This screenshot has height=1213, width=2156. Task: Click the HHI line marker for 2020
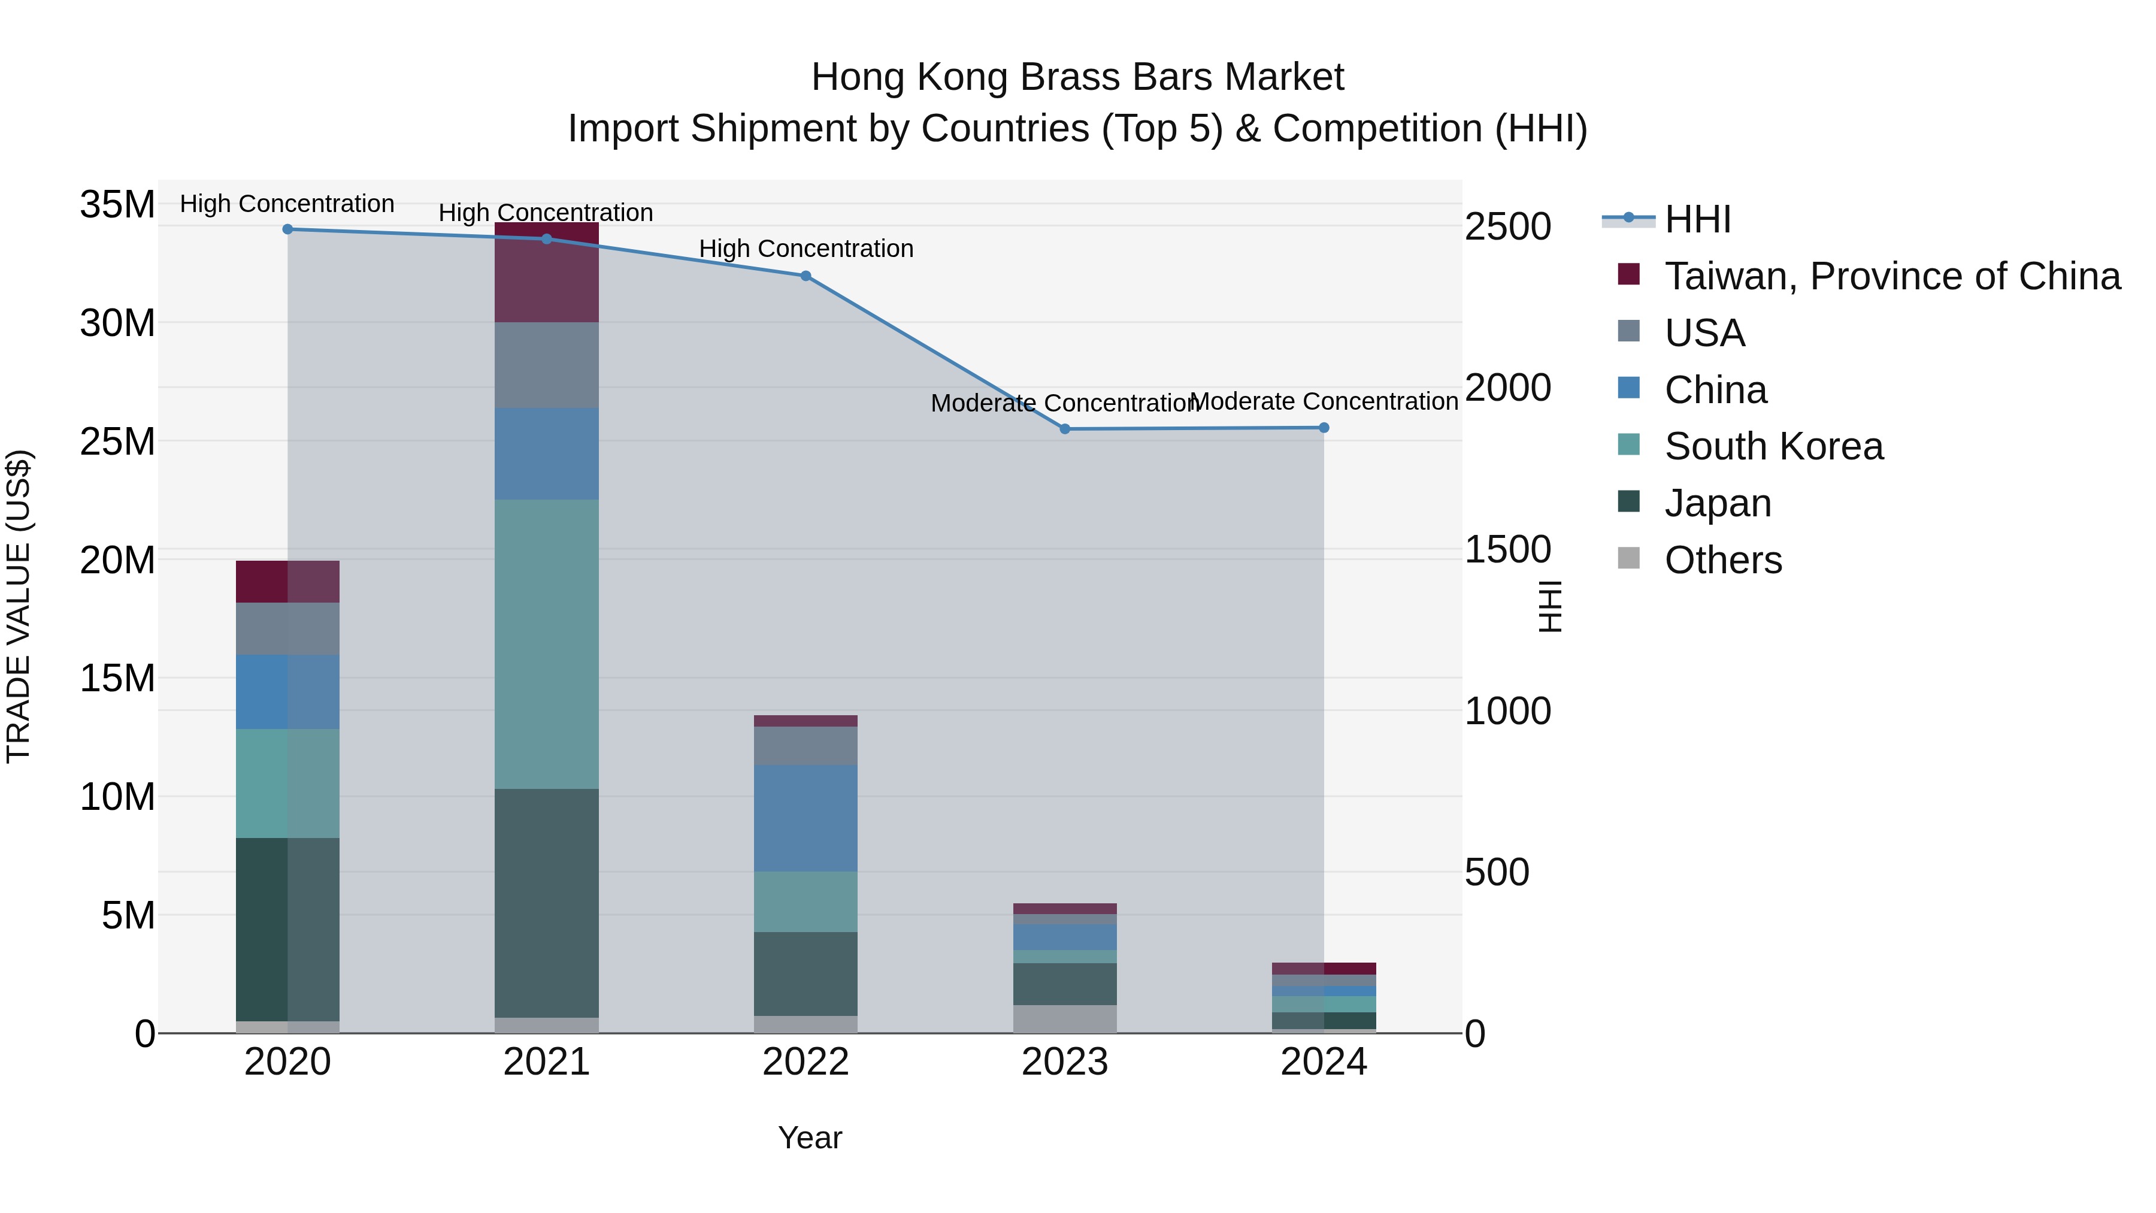pyautogui.click(x=288, y=229)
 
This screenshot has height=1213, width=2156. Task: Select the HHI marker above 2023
pyautogui.click(x=1065, y=429)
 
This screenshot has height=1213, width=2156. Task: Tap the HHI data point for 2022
pyautogui.click(x=805, y=276)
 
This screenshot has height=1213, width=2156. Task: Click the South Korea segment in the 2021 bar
pyautogui.click(x=547, y=644)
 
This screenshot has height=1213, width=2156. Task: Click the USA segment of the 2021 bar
pyautogui.click(x=547, y=365)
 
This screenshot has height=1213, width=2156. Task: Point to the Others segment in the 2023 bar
pyautogui.click(x=1065, y=1019)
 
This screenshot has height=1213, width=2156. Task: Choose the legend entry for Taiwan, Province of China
pyautogui.click(x=1891, y=276)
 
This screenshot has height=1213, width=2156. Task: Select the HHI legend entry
pyautogui.click(x=1697, y=219)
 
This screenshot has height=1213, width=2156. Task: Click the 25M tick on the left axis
pyautogui.click(x=117, y=441)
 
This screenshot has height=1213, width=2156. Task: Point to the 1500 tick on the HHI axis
pyautogui.click(x=1507, y=550)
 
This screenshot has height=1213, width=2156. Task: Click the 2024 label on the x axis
pyautogui.click(x=1323, y=1062)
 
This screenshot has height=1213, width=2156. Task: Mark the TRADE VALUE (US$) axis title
pyautogui.click(x=19, y=606)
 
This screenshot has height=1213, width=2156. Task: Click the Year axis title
pyautogui.click(x=809, y=1138)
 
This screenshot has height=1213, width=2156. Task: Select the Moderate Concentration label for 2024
pyautogui.click(x=1323, y=402)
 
